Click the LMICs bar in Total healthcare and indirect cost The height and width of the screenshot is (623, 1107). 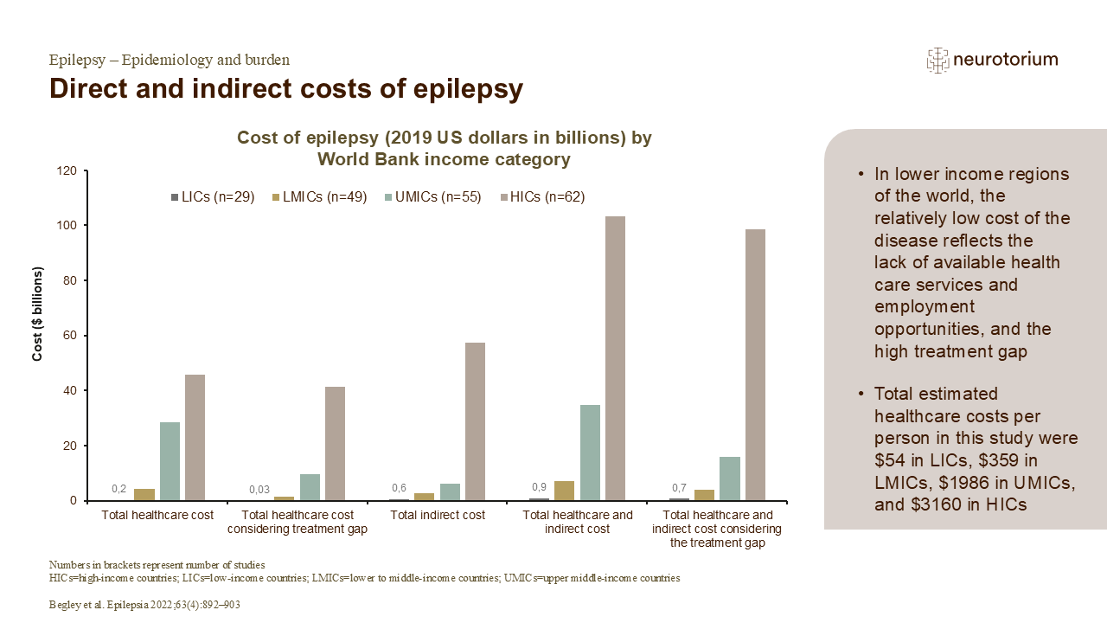point(564,491)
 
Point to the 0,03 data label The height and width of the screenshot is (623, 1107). point(259,490)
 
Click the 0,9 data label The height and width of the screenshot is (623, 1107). point(539,486)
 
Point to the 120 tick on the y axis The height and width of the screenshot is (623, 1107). point(67,170)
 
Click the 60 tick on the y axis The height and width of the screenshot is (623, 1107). point(70,336)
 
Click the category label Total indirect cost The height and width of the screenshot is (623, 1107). point(438,515)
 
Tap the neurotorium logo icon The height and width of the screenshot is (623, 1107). point(937,60)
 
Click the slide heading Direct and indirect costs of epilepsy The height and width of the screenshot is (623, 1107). point(285,89)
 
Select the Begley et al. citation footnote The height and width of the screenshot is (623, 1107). point(144,606)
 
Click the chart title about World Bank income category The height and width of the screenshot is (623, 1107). point(445,148)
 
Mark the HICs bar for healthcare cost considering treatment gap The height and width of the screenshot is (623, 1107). point(335,444)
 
